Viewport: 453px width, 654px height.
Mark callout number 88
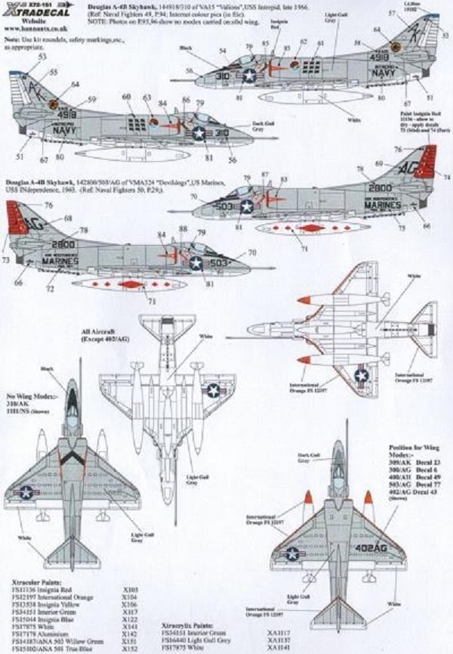[184, 228]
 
